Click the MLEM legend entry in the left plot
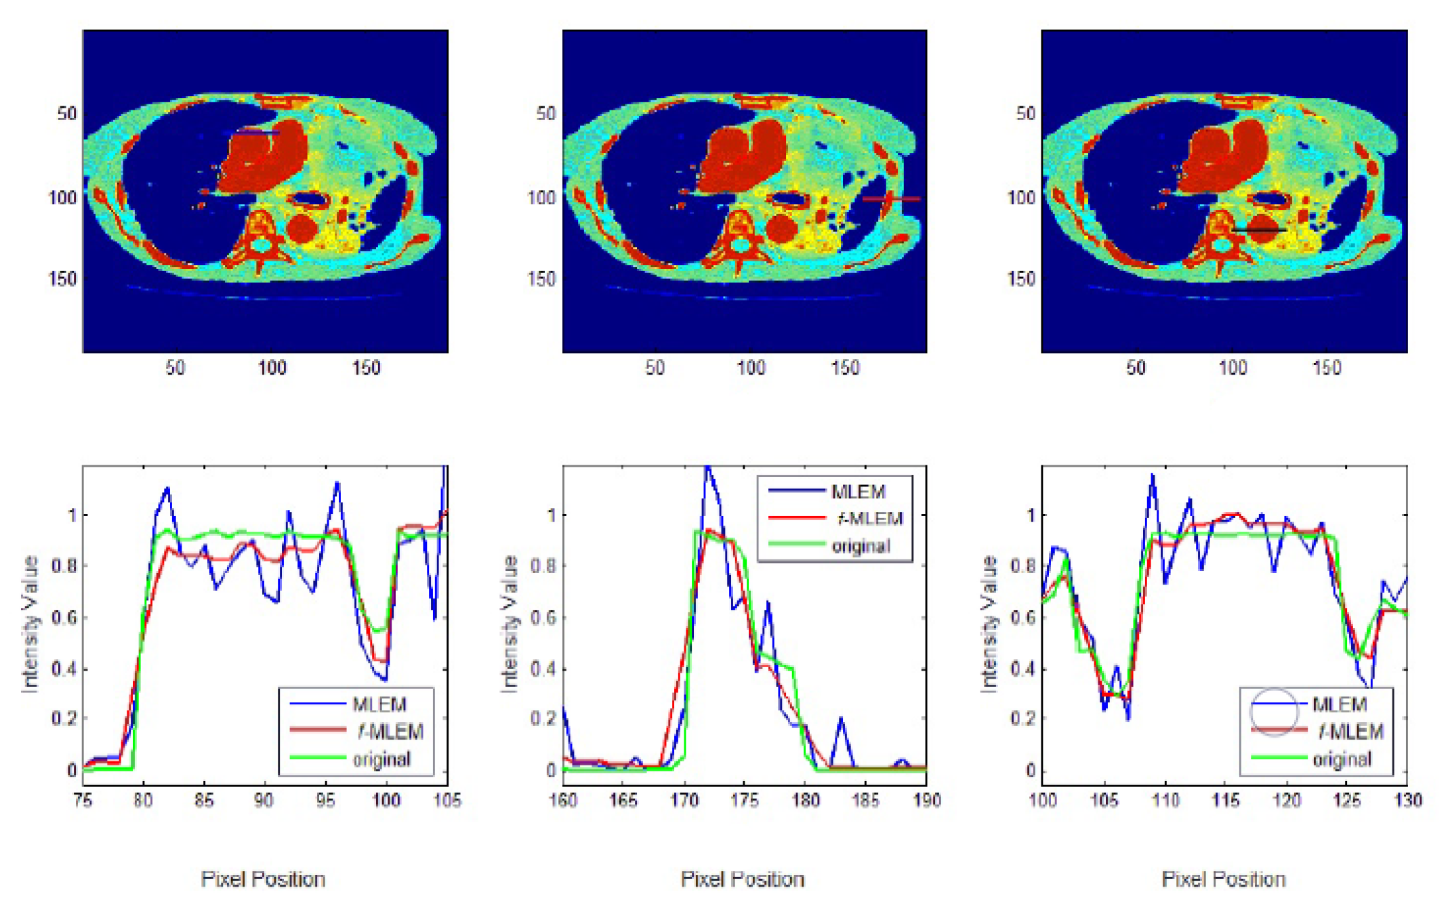[x=378, y=704]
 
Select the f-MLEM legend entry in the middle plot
[x=869, y=519]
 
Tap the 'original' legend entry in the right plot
[x=1342, y=759]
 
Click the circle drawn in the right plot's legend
[x=1273, y=711]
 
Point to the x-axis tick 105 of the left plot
[x=447, y=801]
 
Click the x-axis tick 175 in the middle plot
[x=745, y=801]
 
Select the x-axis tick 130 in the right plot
[x=1407, y=801]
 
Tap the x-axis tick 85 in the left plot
[x=204, y=801]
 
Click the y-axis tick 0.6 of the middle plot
[x=543, y=618]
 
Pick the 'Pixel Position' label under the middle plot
[x=742, y=879]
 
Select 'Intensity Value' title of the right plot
[x=989, y=623]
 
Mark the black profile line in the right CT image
[x=1259, y=231]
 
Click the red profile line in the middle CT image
[x=891, y=199]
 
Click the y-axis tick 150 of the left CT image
[x=62, y=278]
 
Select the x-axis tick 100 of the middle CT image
[x=750, y=368]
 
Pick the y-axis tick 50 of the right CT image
[x=1025, y=113]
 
